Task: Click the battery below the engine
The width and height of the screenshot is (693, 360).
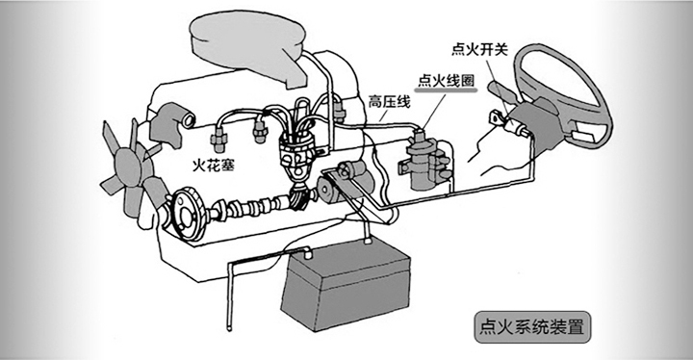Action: [347, 285]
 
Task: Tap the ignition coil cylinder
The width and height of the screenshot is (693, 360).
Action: [420, 161]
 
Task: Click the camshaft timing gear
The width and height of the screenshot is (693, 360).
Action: [184, 211]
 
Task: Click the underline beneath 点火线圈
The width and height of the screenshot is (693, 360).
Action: [445, 92]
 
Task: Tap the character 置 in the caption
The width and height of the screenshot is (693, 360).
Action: [575, 325]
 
